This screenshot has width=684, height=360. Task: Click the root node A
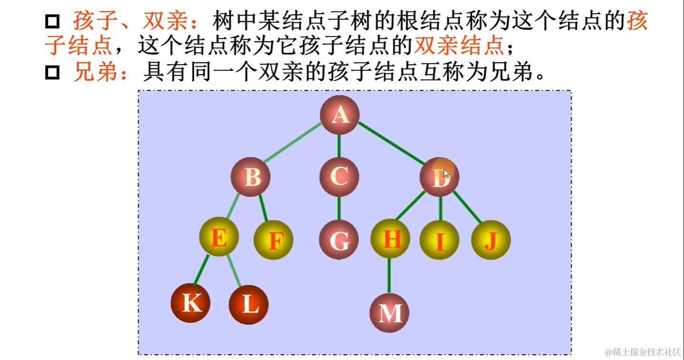pyautogui.click(x=339, y=115)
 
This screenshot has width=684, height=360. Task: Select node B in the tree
pyautogui.click(x=250, y=177)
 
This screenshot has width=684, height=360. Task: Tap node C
pyautogui.click(x=339, y=177)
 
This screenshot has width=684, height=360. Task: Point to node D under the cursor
pyautogui.click(x=439, y=177)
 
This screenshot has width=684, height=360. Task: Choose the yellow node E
pyautogui.click(x=218, y=237)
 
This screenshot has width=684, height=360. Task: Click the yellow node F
pyautogui.click(x=273, y=240)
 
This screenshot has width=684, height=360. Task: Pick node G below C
pyautogui.click(x=339, y=240)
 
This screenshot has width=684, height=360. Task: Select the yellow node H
pyautogui.click(x=390, y=239)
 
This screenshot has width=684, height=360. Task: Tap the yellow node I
pyautogui.click(x=439, y=240)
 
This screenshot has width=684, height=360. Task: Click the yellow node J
pyautogui.click(x=491, y=240)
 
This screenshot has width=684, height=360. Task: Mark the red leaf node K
pyautogui.click(x=191, y=302)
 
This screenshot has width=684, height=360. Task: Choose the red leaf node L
pyautogui.click(x=248, y=304)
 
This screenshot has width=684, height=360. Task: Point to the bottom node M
pyautogui.click(x=389, y=313)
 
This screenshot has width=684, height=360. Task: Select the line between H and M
pyautogui.click(x=389, y=275)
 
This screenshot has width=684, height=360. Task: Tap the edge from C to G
pyautogui.click(x=339, y=208)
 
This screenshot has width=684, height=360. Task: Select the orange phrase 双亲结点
pyautogui.click(x=459, y=46)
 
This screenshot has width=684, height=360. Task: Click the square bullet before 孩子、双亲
pyautogui.click(x=52, y=21)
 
